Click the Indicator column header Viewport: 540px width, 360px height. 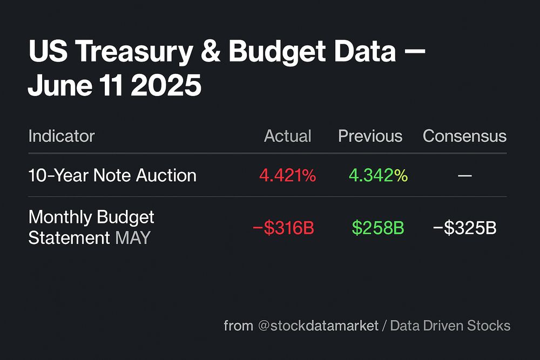pos(61,136)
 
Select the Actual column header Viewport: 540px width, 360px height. pos(287,136)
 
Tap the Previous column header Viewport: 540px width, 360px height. pos(370,136)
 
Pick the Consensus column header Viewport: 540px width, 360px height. pos(464,136)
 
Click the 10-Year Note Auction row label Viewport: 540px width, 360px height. pos(112,175)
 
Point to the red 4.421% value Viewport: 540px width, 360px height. pos(287,175)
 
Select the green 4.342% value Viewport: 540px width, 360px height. pos(378,175)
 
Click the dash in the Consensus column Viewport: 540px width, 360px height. pos(464,176)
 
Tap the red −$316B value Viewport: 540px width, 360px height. pos(283,228)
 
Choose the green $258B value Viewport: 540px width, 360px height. pos(378,228)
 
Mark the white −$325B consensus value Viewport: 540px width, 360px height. pos(464,228)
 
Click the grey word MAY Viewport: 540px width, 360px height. pos(132,238)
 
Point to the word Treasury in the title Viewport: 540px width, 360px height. pos(138,52)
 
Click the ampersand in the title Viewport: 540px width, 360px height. pos(210,52)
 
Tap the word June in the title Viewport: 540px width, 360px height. pos(58,86)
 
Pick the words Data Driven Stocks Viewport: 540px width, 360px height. pos(450,326)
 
